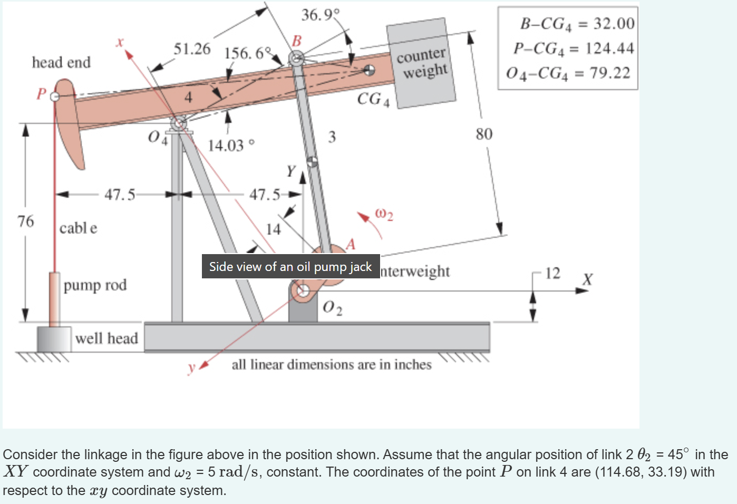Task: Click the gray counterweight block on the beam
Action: [x=421, y=63]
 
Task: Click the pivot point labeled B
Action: [x=296, y=58]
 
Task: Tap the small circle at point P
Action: [x=54, y=96]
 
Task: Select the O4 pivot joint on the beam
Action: [x=178, y=124]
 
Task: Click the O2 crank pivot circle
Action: [x=303, y=290]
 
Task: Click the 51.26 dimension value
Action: [x=192, y=49]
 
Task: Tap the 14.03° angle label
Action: [x=231, y=145]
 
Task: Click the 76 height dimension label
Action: [x=25, y=221]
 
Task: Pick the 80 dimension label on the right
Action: [x=484, y=134]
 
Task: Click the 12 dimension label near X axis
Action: [x=552, y=273]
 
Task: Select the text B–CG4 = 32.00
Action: [x=577, y=23]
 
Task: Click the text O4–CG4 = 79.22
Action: [x=568, y=73]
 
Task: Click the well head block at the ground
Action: [x=54, y=339]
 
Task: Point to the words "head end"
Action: [x=61, y=62]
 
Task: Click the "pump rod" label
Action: [x=95, y=285]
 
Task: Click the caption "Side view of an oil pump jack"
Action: [x=290, y=267]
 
